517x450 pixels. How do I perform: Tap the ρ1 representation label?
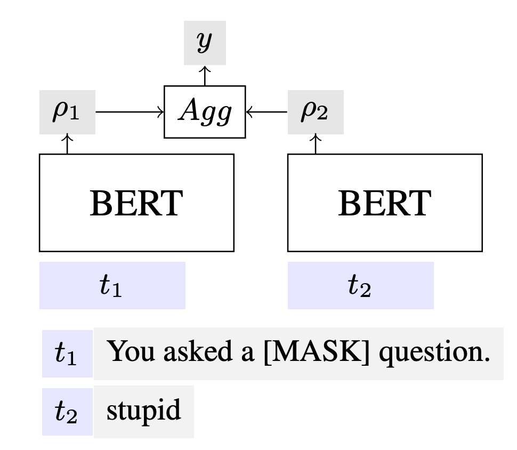tap(67, 114)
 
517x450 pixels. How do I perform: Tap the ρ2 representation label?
tap(316, 114)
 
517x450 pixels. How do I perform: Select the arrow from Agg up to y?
tap(205, 75)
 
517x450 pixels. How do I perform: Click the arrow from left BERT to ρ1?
tap(67, 144)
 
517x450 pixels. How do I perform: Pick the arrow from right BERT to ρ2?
tap(316, 144)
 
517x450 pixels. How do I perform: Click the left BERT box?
tap(136, 203)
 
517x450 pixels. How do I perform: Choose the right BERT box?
tap(385, 203)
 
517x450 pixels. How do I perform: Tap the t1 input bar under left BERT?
tap(112, 285)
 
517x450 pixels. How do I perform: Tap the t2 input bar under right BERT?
tap(360, 285)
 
